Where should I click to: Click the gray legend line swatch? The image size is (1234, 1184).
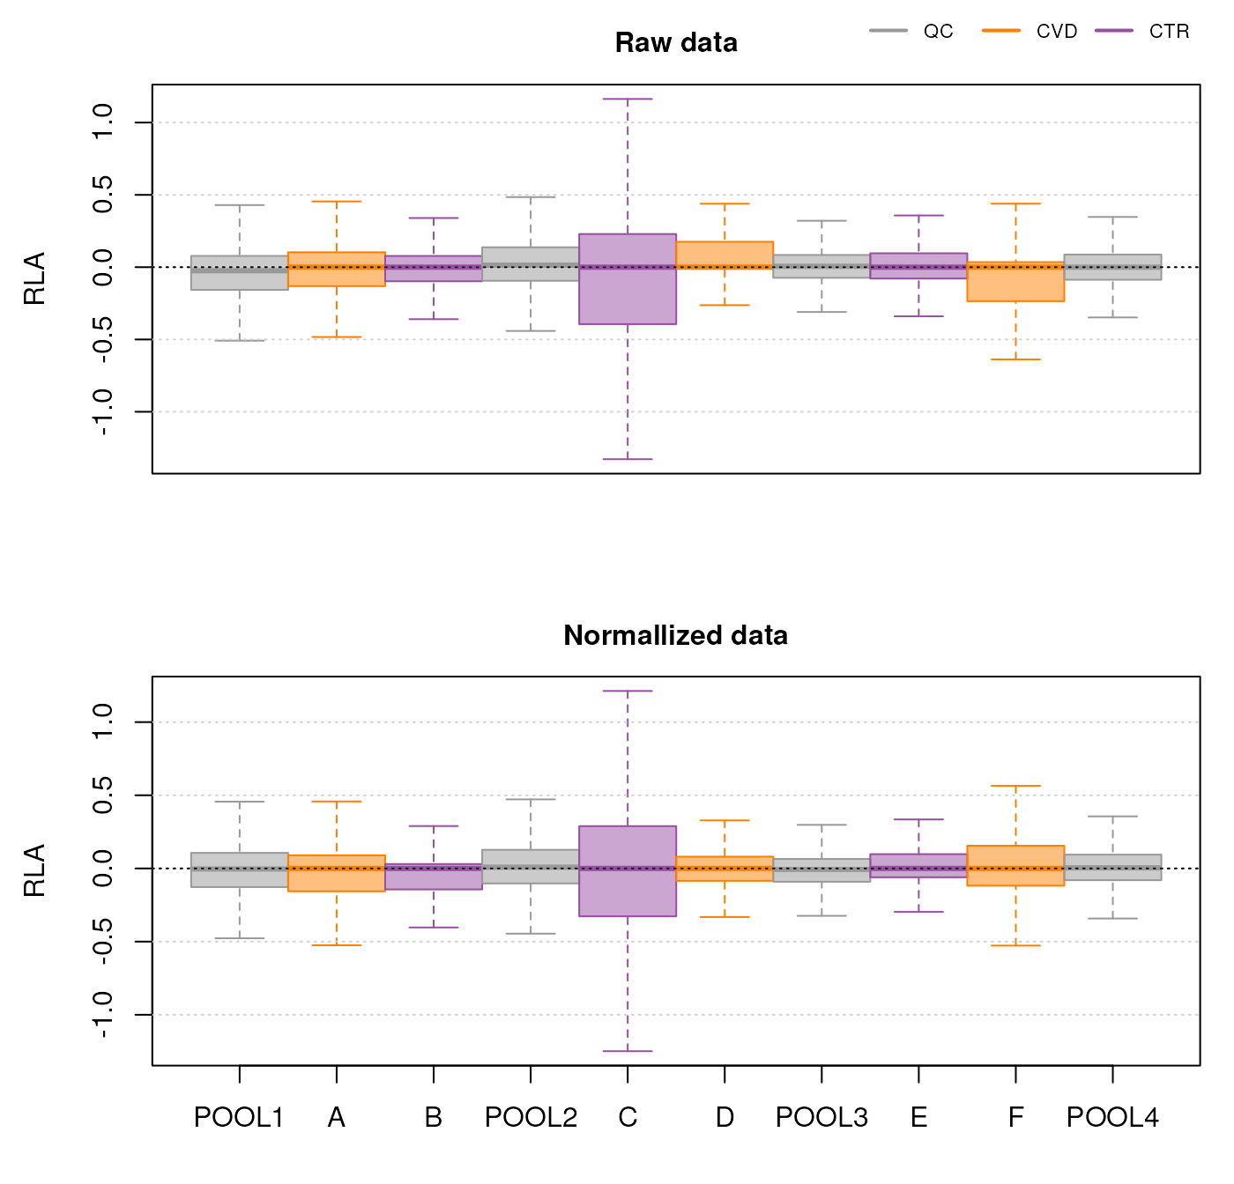(888, 30)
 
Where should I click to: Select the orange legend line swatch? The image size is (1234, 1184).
(1001, 30)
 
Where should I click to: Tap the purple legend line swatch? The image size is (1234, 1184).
(1113, 30)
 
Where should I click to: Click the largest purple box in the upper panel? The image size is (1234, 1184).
(628, 278)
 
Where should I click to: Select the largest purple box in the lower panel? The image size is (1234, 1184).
(628, 871)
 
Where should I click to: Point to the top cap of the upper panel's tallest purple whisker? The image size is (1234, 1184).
(628, 100)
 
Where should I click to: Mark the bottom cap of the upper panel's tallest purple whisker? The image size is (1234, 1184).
(628, 459)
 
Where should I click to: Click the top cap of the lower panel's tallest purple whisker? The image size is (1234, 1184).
(628, 692)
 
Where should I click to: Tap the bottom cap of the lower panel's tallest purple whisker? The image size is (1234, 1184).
(628, 1051)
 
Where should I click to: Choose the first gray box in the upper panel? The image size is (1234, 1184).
(239, 273)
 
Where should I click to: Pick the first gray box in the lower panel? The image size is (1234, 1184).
(239, 869)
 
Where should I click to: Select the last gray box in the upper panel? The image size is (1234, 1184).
(1112, 267)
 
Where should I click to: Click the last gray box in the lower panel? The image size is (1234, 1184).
(1112, 868)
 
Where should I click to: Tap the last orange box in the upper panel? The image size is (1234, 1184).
(1015, 281)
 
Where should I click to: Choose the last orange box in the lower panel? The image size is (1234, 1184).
(1015, 866)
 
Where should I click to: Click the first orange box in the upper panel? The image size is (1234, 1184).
(336, 269)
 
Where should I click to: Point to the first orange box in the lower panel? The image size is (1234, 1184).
(336, 873)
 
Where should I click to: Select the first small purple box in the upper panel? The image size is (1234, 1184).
(433, 269)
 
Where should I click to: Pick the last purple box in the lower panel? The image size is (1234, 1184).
(918, 865)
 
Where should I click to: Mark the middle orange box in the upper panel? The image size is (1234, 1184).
(725, 255)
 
